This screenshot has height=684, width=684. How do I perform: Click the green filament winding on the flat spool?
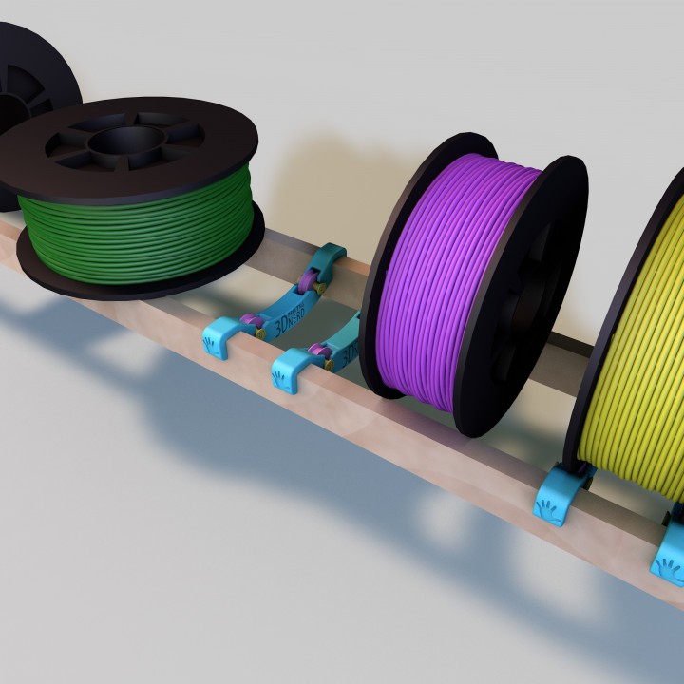[133, 233]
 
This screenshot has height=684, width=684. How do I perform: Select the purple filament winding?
[446, 275]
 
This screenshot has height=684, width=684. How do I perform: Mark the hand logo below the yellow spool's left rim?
[549, 508]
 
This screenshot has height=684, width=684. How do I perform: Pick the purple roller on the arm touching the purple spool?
[321, 357]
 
